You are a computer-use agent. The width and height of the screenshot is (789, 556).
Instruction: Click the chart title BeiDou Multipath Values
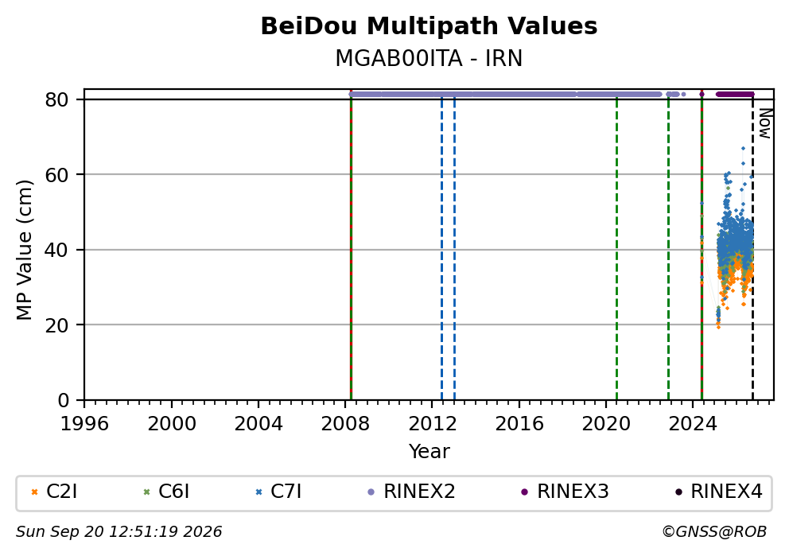tap(429, 26)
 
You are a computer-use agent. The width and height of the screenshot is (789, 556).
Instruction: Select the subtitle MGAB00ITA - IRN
tap(429, 58)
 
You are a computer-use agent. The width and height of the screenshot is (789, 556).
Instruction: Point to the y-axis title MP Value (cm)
tap(24, 250)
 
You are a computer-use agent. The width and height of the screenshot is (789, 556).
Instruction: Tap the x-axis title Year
tap(429, 451)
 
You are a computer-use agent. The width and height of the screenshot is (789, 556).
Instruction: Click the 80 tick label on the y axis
tap(56, 99)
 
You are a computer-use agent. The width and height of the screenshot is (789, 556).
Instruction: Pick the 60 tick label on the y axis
tap(56, 175)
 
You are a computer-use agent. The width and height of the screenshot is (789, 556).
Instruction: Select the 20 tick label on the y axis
tap(56, 325)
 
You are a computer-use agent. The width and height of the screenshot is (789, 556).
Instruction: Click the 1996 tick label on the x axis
tap(84, 424)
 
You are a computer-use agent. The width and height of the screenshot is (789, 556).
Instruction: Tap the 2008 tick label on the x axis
tap(345, 424)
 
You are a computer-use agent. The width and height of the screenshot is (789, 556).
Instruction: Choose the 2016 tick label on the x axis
tap(519, 424)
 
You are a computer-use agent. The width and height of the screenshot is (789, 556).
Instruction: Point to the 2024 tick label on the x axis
tap(693, 424)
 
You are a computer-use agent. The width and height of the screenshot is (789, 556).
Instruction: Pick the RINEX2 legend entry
tap(412, 492)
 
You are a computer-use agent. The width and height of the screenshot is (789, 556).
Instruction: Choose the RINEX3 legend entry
tap(565, 492)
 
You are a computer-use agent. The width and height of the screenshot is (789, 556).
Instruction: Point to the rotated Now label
tap(765, 124)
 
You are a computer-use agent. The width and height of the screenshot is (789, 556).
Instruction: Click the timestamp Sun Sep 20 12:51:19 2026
tap(119, 532)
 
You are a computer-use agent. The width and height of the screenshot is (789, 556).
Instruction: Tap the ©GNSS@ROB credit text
tap(714, 532)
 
